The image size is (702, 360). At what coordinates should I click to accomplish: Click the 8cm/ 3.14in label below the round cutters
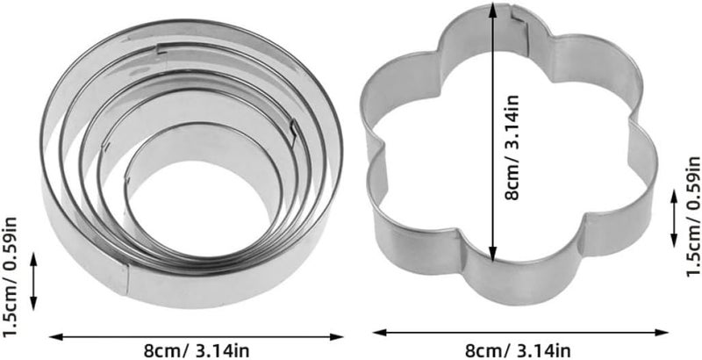pos(197,350)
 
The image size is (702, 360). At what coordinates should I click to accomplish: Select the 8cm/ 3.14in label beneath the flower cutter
pos(518,349)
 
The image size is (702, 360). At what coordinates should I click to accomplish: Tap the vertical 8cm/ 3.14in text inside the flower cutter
pos(512,148)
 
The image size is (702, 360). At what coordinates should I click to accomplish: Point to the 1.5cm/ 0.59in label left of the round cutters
pos(10,277)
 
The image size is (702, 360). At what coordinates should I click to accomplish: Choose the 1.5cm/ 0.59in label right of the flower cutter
pos(692,217)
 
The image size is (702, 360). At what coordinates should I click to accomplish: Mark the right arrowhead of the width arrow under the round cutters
pos(337,336)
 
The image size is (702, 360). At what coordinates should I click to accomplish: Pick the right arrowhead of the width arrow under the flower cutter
pos(662,332)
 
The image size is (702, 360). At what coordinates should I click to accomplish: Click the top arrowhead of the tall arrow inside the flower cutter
pos(493,9)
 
